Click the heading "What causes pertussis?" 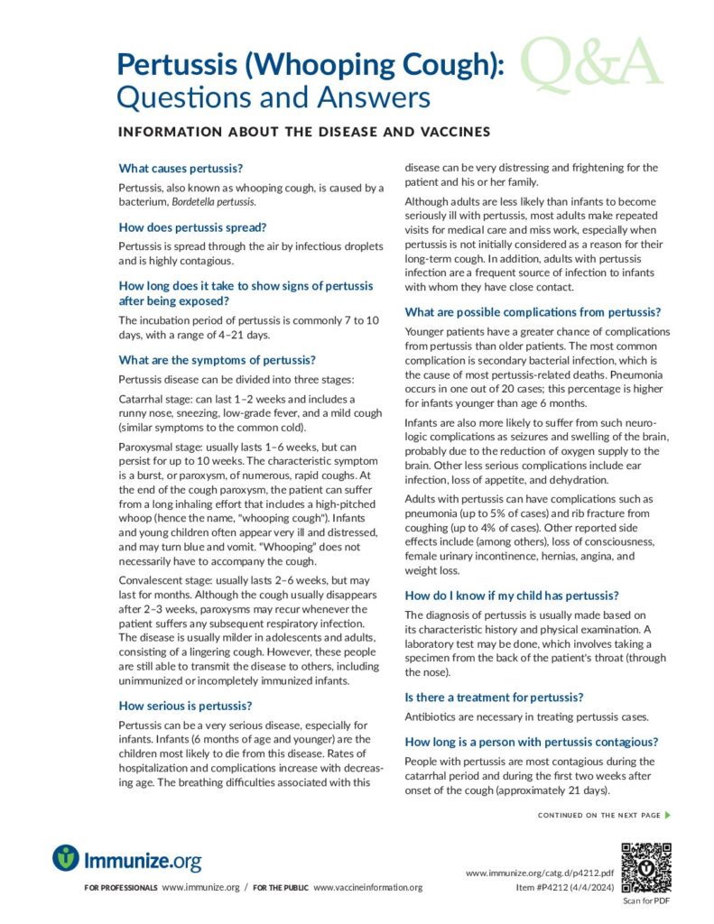click(181, 168)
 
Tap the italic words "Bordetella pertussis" click(208, 202)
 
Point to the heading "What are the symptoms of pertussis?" click(217, 359)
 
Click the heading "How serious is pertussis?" click(185, 705)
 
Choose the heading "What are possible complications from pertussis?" click(533, 312)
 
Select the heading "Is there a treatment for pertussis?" click(494, 697)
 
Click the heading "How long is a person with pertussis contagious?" click(532, 742)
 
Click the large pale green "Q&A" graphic click(592, 65)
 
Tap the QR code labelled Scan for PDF click(646, 867)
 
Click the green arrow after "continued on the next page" click(667, 816)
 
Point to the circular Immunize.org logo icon click(66, 858)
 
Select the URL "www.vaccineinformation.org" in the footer click(368, 888)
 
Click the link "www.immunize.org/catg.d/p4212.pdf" click(540, 873)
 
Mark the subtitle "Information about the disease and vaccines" click(303, 132)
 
